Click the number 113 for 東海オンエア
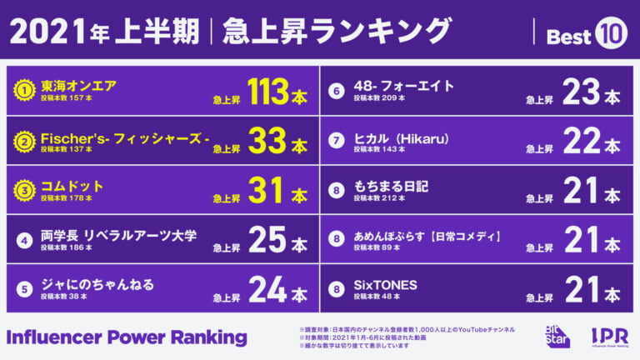tap(267, 91)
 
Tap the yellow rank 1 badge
tap(24, 90)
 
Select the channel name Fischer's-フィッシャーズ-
tap(125, 139)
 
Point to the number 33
tap(267, 140)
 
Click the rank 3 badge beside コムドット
tap(24, 190)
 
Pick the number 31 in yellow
tap(266, 190)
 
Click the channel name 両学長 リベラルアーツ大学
tap(118, 236)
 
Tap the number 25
tap(267, 240)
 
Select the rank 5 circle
tap(24, 289)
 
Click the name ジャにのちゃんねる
tap(97, 284)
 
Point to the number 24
tap(267, 289)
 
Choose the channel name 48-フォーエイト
tap(403, 86)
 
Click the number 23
tap(581, 91)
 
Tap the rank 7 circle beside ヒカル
tap(337, 141)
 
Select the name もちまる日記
tap(391, 187)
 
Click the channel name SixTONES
tap(385, 285)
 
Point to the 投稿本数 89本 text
tap(377, 247)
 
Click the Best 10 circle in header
tap(611, 33)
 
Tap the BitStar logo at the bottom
tap(557, 337)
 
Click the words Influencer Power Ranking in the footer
tap(127, 338)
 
